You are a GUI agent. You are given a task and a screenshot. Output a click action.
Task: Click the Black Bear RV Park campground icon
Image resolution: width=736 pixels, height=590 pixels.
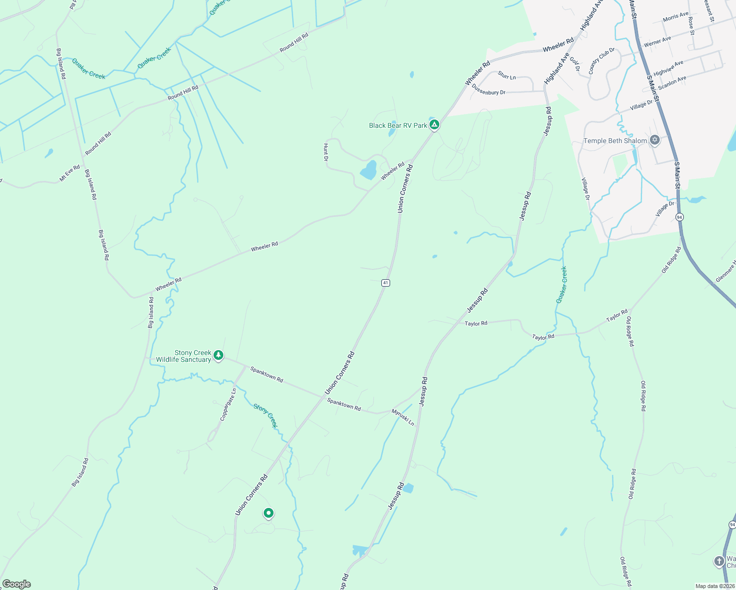[x=434, y=125]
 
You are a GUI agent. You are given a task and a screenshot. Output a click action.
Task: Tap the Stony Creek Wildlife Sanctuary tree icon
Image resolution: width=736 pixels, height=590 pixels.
[x=218, y=355]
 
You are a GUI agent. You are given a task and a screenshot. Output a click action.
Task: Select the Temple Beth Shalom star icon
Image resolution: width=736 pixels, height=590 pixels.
[x=654, y=141]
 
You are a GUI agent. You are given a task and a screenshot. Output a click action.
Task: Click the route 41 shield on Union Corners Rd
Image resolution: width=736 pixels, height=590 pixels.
[x=386, y=283]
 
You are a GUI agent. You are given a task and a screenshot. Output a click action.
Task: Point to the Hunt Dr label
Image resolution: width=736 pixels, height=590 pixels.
[x=326, y=152]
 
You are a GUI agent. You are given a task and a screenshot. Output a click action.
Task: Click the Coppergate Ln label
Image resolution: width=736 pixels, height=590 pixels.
[x=228, y=404]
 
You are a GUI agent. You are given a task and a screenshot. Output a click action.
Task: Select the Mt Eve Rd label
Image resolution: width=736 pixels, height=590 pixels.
[x=69, y=174]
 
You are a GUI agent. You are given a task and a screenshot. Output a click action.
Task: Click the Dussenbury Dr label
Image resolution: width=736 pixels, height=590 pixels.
[x=488, y=89]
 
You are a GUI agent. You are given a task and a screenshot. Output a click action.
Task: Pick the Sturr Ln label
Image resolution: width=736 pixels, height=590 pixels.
[x=507, y=75]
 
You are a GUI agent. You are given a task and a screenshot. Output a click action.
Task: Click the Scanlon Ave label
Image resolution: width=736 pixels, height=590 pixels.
[x=672, y=83]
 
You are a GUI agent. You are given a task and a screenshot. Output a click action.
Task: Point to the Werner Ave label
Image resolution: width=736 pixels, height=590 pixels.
[x=657, y=42]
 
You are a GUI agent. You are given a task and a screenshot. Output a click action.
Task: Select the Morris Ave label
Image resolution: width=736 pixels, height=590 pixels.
[x=675, y=17]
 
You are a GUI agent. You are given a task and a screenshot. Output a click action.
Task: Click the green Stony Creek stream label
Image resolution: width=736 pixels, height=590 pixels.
[x=265, y=415]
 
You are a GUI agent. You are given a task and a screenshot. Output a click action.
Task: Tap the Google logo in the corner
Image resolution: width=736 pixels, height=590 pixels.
[x=17, y=584]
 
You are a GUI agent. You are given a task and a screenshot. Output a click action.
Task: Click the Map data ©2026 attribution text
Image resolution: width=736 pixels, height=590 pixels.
[x=714, y=586]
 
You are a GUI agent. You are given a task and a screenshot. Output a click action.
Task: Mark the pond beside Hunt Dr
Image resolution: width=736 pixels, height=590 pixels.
[x=368, y=171]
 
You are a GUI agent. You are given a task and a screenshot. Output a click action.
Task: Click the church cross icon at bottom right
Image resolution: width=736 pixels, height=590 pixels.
[x=719, y=561]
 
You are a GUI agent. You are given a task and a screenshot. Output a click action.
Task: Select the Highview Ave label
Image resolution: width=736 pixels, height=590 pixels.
[x=668, y=68]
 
